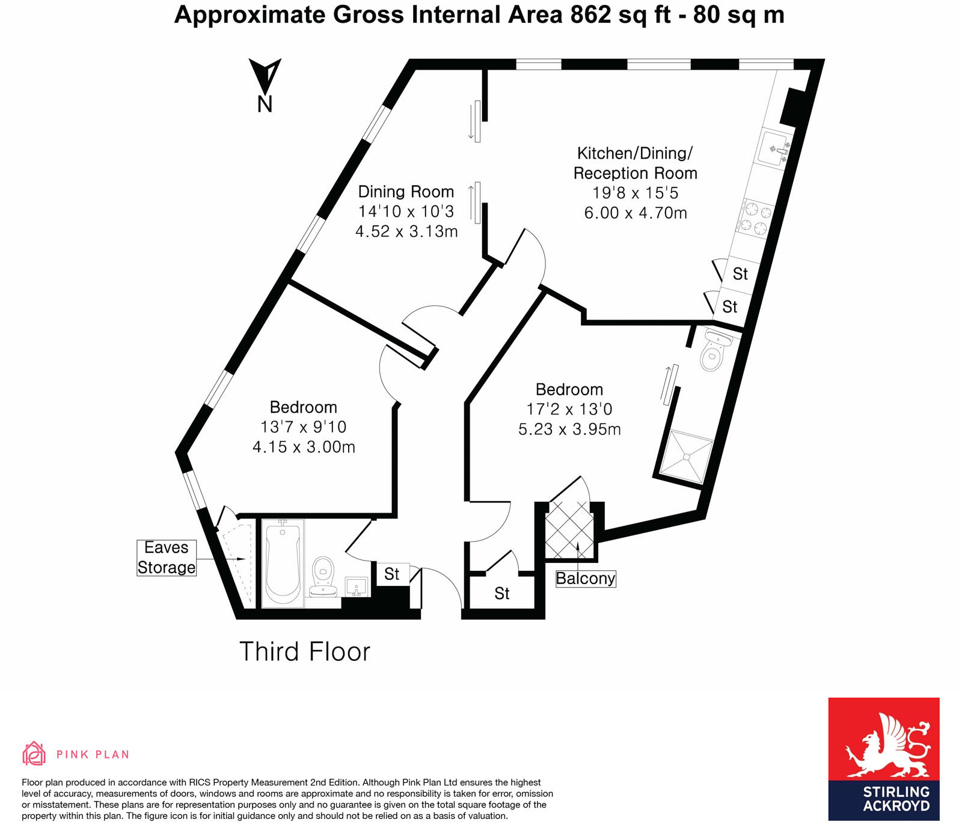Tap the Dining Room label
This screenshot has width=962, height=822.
[406, 192]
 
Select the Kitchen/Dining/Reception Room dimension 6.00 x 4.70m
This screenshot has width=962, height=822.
[636, 213]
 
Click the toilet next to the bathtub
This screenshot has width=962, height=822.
[323, 574]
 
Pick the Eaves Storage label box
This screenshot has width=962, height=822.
[167, 558]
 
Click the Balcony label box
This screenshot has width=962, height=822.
[586, 579]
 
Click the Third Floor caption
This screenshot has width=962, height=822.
[305, 652]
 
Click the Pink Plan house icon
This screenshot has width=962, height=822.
[34, 753]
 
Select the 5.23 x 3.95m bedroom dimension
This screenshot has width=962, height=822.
[569, 429]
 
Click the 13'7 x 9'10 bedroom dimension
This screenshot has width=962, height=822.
[303, 427]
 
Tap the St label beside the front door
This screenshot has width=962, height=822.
[392, 574]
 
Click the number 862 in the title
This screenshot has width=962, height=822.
[590, 14]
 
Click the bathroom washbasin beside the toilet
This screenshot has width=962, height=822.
[357, 586]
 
